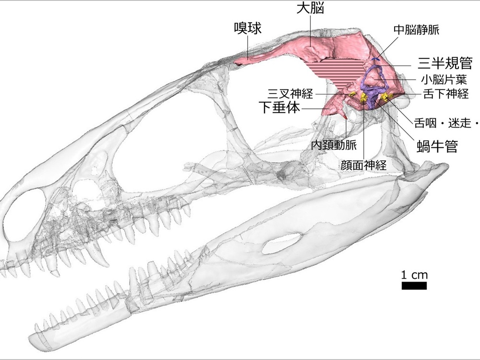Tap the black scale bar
(414, 286)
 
